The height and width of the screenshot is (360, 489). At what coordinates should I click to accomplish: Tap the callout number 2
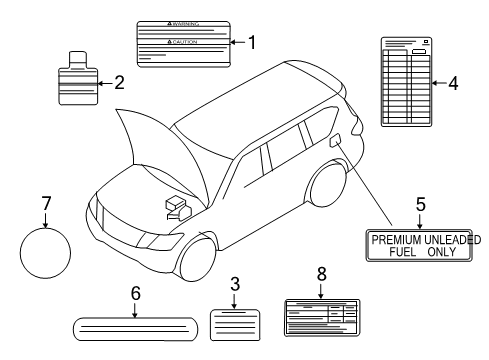tap(118, 82)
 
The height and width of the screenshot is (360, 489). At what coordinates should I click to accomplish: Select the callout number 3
tap(234, 284)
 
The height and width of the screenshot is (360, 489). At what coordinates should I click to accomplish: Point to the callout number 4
tap(452, 84)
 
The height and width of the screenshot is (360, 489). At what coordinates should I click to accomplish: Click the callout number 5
tap(420, 204)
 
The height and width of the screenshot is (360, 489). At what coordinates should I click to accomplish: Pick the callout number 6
tap(136, 293)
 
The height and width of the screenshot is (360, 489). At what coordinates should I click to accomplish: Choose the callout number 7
tap(45, 203)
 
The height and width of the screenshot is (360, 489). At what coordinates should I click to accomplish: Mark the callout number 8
tap(320, 272)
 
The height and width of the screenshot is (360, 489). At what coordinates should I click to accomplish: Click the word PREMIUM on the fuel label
tap(398, 240)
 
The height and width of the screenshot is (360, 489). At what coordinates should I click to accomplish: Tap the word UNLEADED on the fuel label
tap(454, 240)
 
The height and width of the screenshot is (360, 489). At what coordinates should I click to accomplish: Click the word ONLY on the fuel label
tap(440, 252)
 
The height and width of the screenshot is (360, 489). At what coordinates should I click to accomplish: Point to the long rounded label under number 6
tap(136, 327)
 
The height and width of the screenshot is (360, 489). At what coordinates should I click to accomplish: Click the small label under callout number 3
tap(233, 326)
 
